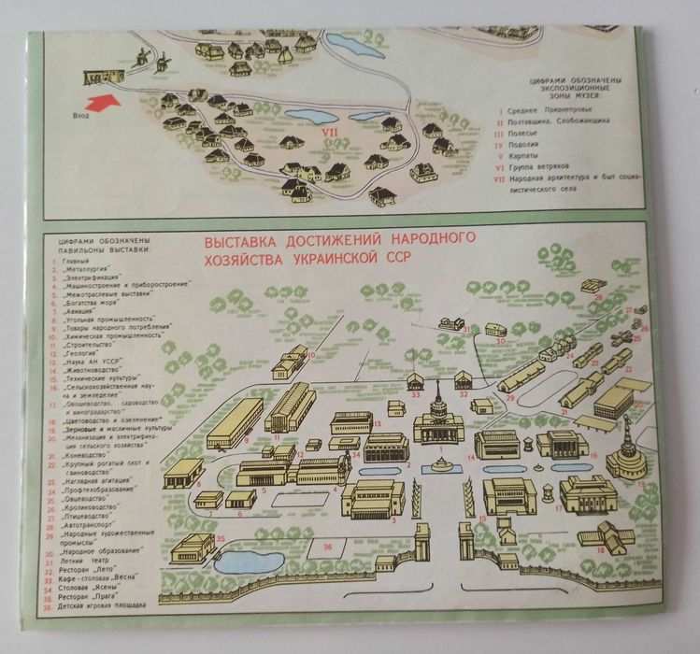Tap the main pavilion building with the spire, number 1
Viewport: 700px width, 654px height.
coord(438,422)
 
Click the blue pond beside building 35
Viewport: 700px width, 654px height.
coord(244,561)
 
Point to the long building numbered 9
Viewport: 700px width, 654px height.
coord(235,423)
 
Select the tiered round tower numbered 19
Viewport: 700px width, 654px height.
coord(625,455)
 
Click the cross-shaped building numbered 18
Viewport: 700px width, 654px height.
coord(606,536)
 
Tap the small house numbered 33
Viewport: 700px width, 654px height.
coord(415,382)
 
